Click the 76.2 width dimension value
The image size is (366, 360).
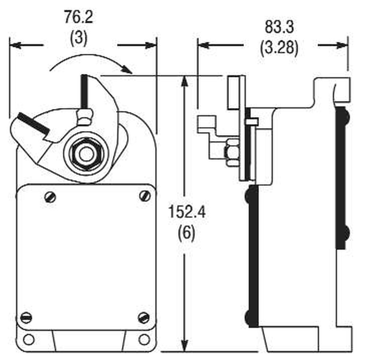(x=78, y=18)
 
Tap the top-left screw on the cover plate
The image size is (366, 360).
(x=50, y=197)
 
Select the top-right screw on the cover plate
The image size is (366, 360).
(x=145, y=196)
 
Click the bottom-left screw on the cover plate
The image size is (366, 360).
(x=26, y=317)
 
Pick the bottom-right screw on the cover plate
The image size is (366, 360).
(x=144, y=317)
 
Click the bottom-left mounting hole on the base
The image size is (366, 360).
(x=28, y=339)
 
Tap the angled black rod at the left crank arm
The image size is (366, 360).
(x=33, y=123)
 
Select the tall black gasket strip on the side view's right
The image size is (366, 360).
(x=341, y=177)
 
